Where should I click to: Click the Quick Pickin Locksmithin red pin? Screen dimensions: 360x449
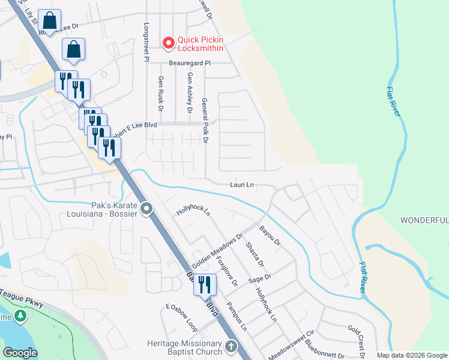[x=169, y=43]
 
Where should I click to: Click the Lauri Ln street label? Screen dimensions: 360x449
[x=241, y=185]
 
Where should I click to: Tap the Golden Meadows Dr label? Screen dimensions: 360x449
[x=217, y=251]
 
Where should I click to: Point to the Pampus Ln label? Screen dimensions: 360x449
[x=237, y=317]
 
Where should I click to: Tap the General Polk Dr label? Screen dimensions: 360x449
[x=205, y=121]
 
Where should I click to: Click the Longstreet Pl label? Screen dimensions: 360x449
[x=146, y=43]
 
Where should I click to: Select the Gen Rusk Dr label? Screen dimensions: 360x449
[x=160, y=94]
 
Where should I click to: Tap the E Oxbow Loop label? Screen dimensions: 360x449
[x=181, y=317]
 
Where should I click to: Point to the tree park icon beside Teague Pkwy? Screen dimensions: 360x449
[x=21, y=316]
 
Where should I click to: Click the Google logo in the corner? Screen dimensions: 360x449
[x=20, y=352]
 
